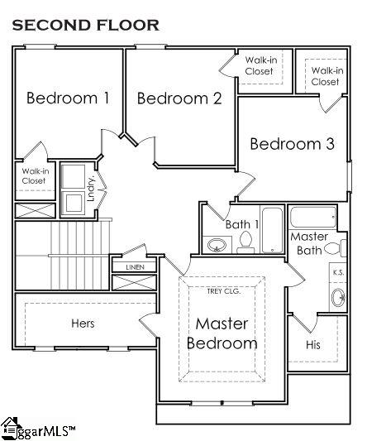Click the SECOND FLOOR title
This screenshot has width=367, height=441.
tap(86, 25)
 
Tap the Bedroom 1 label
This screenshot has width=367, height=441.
tap(68, 98)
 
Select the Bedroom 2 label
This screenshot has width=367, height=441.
tap(179, 98)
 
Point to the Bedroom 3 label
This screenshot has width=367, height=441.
tap(293, 144)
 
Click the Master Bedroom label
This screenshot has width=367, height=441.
tap(222, 333)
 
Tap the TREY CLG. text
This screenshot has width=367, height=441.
tap(224, 291)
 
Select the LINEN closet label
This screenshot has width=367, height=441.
tap(136, 267)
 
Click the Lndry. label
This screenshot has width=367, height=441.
tap(91, 189)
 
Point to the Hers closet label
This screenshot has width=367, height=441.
tap(83, 324)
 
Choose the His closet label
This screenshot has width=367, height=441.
tap(313, 344)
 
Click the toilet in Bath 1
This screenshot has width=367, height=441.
tap(245, 242)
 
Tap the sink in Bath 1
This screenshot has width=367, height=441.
tap(217, 245)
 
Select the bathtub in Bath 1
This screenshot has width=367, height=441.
tap(272, 230)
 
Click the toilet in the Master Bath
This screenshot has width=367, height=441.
tap(336, 248)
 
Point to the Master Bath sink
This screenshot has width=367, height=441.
tap(338, 298)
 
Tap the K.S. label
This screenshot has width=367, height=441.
tap(338, 272)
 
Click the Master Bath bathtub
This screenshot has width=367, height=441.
tap(313, 217)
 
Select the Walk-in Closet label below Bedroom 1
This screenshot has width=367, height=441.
tap(36, 175)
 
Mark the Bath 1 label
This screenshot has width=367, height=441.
tap(242, 224)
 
